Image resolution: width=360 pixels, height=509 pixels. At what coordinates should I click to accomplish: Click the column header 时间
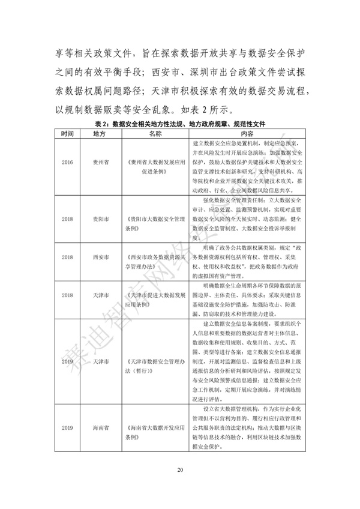[x=67, y=133]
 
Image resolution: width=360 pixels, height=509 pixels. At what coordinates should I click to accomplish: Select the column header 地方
[x=100, y=133]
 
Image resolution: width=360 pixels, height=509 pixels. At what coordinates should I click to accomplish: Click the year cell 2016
[x=67, y=162]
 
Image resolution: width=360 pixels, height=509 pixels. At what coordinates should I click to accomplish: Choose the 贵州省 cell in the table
[x=100, y=162]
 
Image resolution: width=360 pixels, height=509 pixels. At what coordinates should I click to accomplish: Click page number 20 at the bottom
[x=179, y=486]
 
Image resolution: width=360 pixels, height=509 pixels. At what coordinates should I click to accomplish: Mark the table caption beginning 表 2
[x=180, y=123]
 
